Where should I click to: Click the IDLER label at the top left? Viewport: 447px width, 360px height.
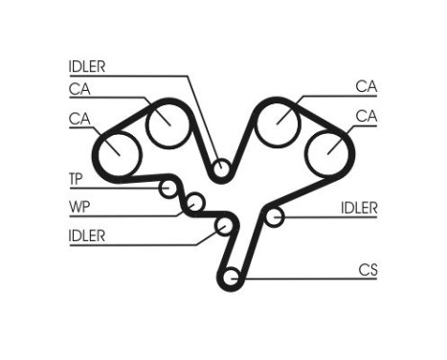click(87, 67)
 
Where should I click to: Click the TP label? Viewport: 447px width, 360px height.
click(76, 179)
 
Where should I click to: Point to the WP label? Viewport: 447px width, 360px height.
click(78, 206)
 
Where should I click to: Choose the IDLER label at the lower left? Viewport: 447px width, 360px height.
click(87, 235)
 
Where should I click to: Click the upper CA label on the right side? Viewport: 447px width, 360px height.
click(366, 86)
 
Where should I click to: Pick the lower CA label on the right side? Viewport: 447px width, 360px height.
click(366, 116)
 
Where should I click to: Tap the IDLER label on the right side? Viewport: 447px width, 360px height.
click(359, 208)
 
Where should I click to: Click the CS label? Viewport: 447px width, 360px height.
click(368, 270)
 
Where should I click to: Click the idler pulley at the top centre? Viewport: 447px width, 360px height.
click(221, 170)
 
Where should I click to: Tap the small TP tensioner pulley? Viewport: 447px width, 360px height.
click(170, 188)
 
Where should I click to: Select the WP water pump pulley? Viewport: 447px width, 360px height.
click(194, 202)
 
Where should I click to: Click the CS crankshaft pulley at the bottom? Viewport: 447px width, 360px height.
click(230, 279)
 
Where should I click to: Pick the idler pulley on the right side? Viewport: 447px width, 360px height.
click(275, 217)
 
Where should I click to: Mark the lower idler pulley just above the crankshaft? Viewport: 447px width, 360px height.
click(226, 226)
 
